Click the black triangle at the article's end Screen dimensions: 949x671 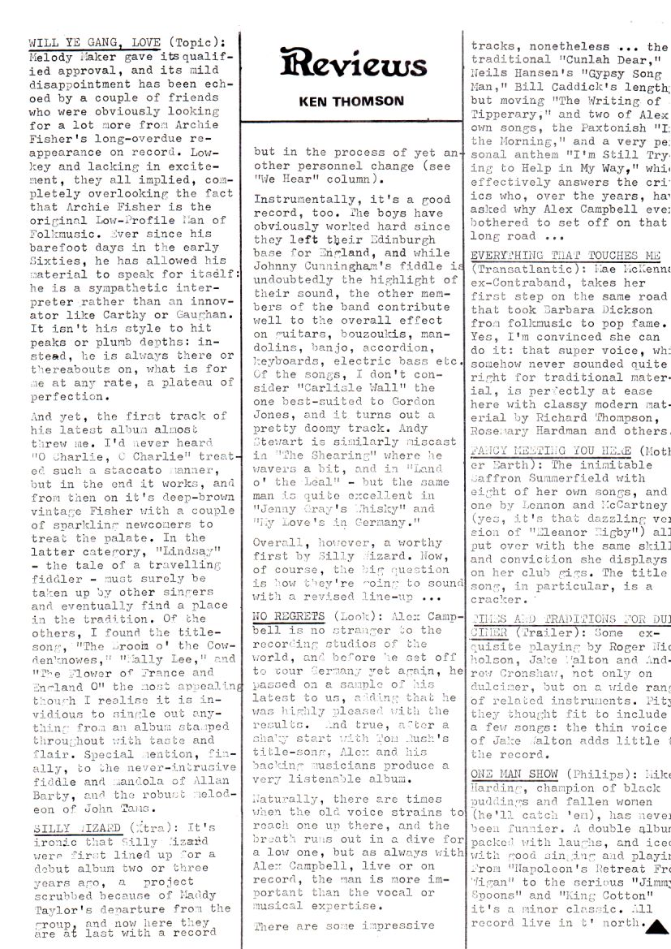click(x=657, y=924)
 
